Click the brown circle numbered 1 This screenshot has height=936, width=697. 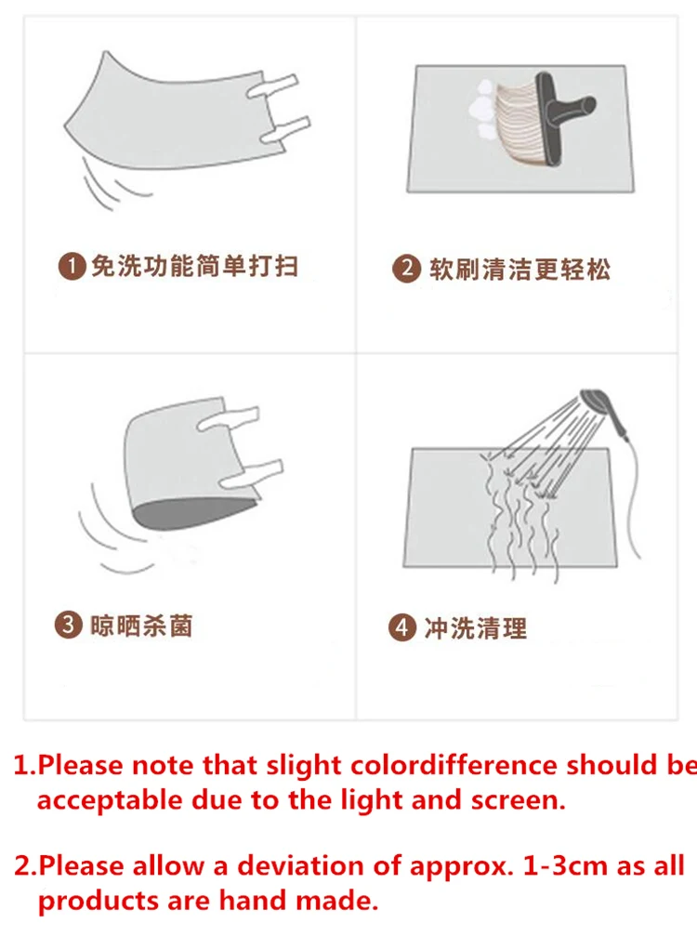(72, 266)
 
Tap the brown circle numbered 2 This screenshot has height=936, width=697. (406, 269)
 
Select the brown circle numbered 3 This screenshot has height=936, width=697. (68, 625)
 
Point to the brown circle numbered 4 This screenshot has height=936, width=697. (402, 628)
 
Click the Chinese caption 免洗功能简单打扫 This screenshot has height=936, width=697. (194, 266)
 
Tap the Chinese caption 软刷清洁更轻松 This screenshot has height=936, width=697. (519, 270)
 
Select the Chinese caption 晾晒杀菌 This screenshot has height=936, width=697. (141, 626)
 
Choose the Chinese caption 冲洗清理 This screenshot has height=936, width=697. (476, 628)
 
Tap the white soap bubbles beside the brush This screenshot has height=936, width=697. (484, 110)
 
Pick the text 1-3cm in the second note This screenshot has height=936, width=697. (566, 865)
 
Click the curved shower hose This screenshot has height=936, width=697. (634, 501)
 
